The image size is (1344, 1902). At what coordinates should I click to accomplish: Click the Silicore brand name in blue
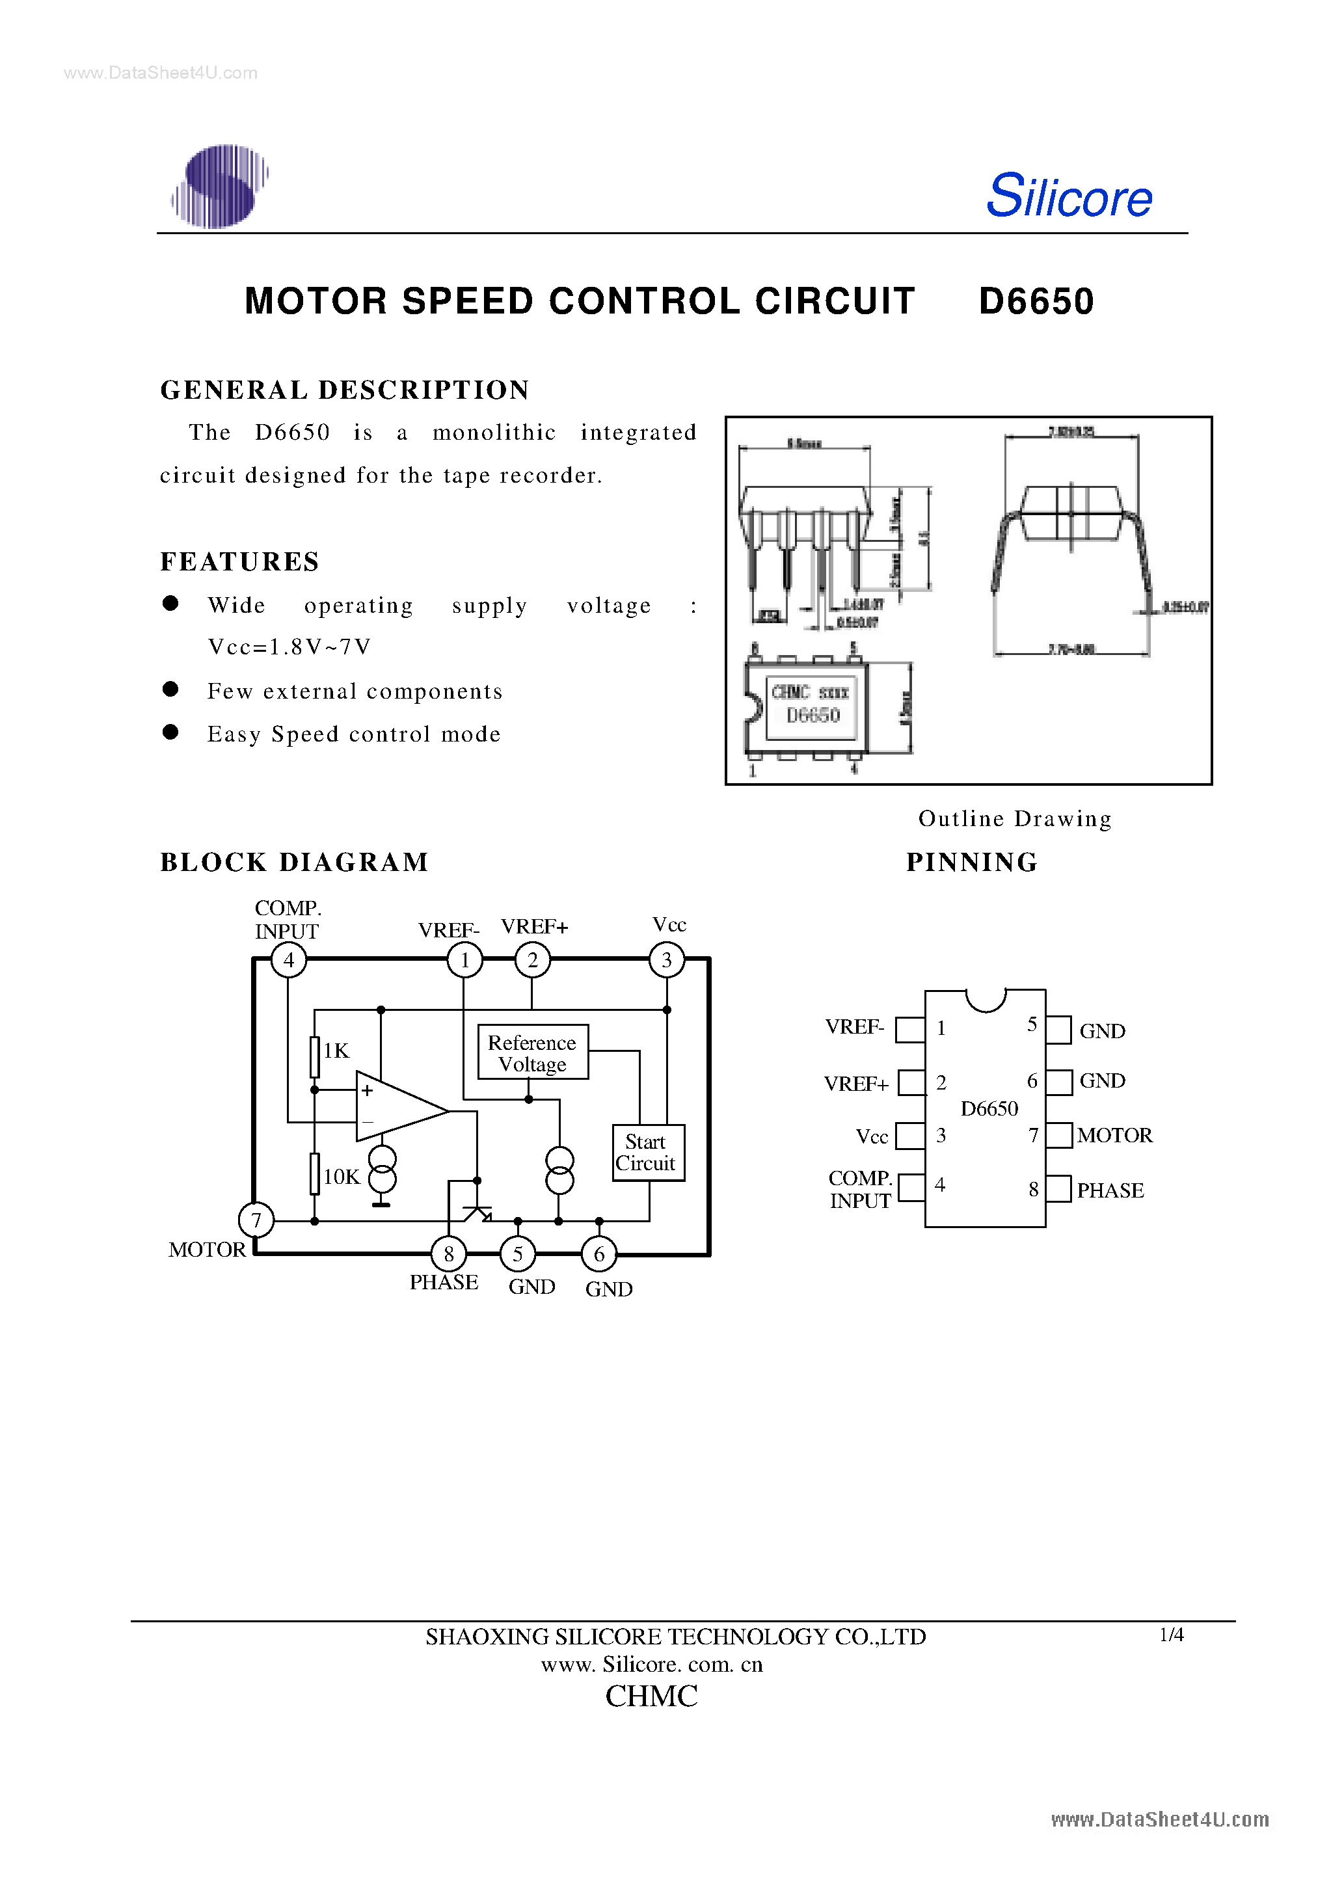[x=1068, y=196]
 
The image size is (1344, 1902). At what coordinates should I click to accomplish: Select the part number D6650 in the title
[x=1036, y=301]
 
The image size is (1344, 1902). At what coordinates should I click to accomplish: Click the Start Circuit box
[x=647, y=1152]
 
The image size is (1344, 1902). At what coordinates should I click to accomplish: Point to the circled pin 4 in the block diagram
[x=288, y=960]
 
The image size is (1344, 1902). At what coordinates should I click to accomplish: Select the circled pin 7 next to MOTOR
[x=256, y=1220]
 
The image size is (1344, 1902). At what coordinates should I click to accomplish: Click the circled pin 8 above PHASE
[x=448, y=1254]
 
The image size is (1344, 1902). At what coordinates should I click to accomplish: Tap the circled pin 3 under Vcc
[x=666, y=960]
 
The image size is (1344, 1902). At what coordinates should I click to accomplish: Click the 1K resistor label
[x=336, y=1051]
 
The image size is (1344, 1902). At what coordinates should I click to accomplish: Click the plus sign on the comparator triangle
[x=367, y=1091]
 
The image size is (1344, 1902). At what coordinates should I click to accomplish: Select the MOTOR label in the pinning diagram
[x=1114, y=1135]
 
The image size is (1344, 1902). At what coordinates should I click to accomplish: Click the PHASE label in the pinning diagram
[x=1110, y=1190]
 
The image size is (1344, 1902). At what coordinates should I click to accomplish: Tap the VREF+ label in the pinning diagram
[x=856, y=1084]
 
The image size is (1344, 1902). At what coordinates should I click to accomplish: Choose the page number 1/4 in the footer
[x=1171, y=1635]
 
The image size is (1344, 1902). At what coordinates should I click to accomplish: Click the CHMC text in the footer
[x=651, y=1696]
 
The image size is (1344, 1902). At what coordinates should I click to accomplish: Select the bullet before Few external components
[x=170, y=690]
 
